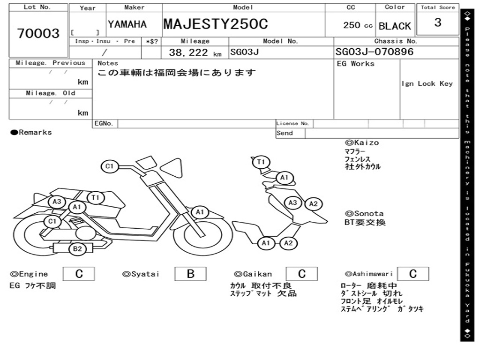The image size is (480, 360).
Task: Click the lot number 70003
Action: pos(38,33)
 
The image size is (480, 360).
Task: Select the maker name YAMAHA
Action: pos(127,24)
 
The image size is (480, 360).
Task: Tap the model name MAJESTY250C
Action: pos(216,24)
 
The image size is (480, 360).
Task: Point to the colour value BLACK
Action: pos(395,26)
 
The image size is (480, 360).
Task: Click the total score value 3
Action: pos(438,22)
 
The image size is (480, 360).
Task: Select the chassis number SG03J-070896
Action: pos(375,52)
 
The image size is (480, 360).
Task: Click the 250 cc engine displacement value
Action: pos(358,25)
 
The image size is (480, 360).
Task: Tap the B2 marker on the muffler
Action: pos(77,249)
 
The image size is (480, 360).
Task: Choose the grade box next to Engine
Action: pos(79,274)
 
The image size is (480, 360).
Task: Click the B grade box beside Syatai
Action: pos(190,274)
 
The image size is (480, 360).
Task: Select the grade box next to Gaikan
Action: pos(301,274)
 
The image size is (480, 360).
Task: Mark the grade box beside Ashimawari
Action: pos(412,274)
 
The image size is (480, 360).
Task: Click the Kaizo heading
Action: pos(362,142)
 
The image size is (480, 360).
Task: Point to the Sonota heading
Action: pos(364,214)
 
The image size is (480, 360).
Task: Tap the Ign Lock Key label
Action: pos(427,83)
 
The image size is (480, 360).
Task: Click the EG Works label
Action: pos(356,63)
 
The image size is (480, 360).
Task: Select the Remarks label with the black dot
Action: pos(31,132)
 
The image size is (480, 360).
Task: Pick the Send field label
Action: pos(285,133)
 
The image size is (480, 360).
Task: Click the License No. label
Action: pos(293,124)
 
